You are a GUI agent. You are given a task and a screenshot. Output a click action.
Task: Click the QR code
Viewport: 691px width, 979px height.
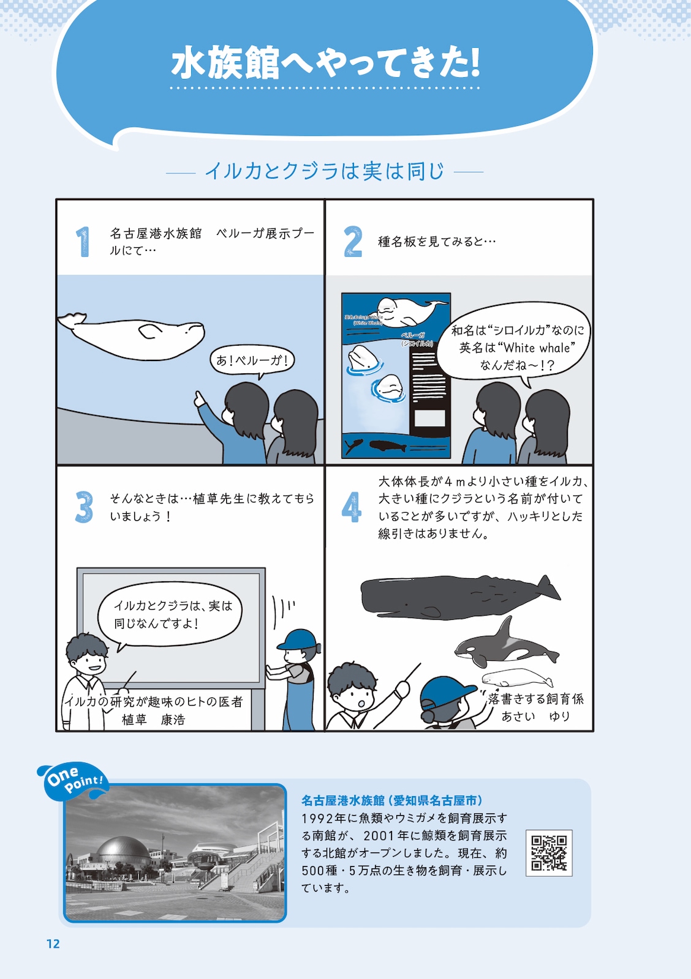coord(549,853)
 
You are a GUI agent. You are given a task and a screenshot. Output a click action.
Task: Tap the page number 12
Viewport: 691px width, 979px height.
coord(53,944)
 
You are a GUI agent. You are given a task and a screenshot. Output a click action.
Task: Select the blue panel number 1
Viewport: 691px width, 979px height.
coord(83,242)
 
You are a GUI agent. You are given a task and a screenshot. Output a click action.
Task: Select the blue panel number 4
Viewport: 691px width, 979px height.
coord(351,507)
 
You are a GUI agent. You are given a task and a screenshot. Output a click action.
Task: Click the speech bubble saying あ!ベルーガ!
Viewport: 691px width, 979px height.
coord(252,360)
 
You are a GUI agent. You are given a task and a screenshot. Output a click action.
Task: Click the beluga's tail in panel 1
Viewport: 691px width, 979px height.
coord(72,320)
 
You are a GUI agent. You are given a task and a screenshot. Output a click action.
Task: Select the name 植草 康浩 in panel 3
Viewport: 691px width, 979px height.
coord(153,720)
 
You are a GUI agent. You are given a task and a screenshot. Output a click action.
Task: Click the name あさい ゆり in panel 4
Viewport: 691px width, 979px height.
coord(535,716)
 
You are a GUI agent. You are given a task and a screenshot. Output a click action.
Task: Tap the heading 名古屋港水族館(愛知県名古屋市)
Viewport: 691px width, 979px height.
coord(392,800)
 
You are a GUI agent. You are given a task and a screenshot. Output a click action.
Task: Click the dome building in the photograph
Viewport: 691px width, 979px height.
coord(122,851)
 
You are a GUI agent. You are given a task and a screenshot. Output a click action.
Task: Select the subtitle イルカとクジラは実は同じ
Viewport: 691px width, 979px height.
coord(324,171)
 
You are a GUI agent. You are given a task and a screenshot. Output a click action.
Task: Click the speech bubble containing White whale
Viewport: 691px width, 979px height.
coord(515,347)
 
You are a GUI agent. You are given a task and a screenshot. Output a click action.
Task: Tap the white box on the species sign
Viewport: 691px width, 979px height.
coord(429,418)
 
